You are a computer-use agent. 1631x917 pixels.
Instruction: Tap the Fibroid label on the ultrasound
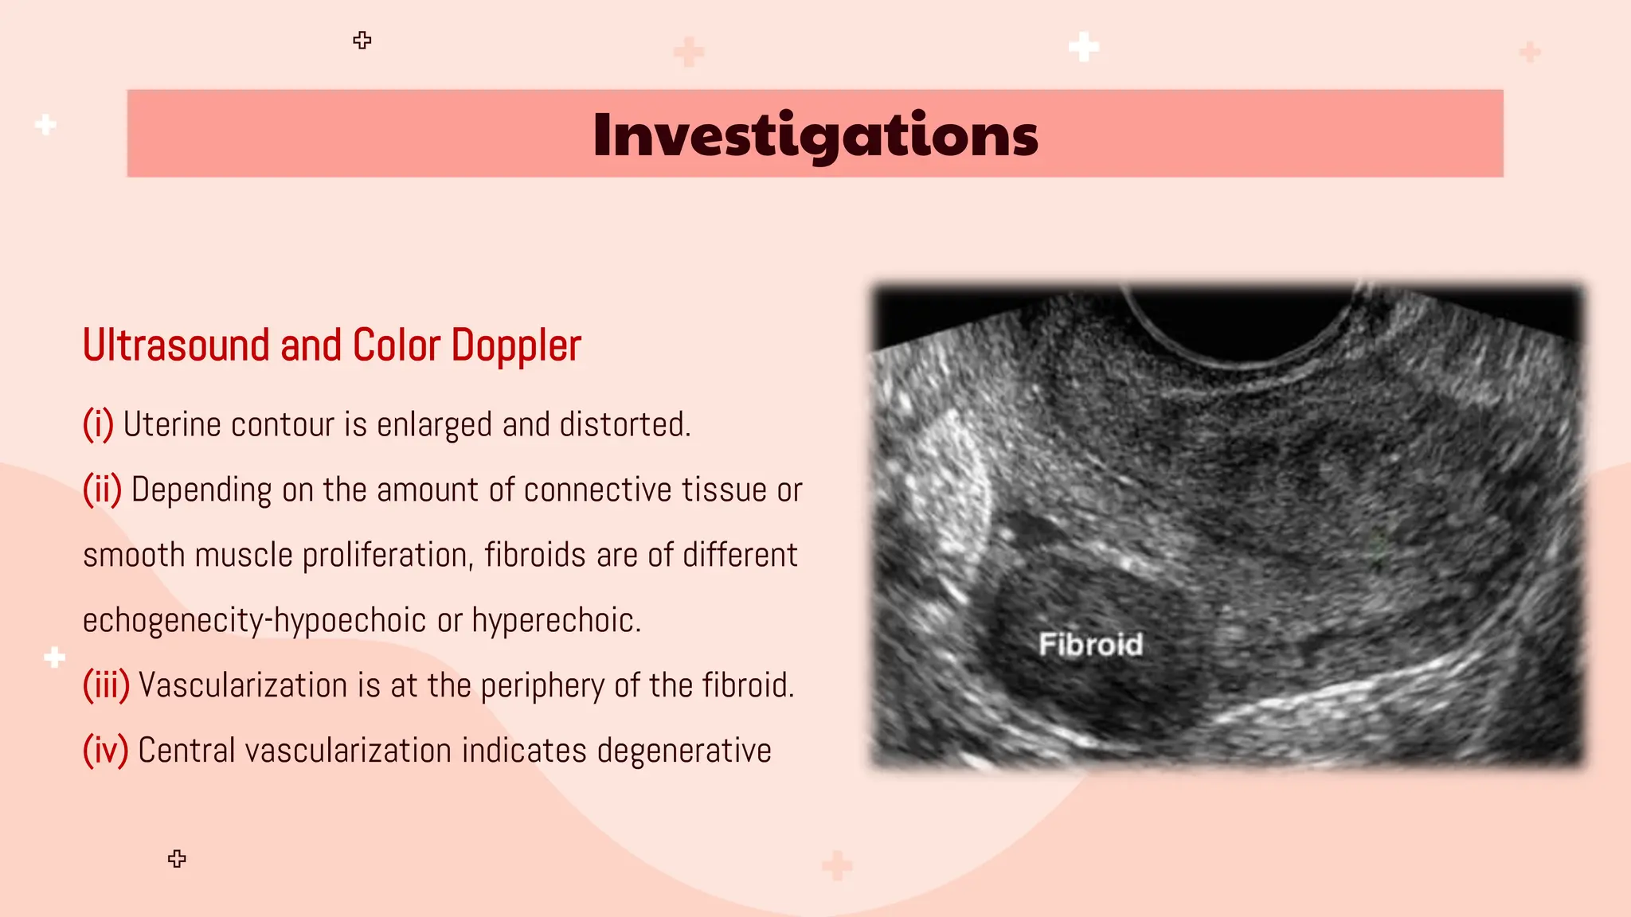(1090, 644)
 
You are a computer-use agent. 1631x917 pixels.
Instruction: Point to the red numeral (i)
(99, 424)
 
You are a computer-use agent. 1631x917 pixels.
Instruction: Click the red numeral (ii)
(103, 490)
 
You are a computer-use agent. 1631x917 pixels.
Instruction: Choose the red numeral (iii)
(106, 685)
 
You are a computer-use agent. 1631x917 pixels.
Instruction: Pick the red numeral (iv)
(105, 751)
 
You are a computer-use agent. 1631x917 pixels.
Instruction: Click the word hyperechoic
(556, 620)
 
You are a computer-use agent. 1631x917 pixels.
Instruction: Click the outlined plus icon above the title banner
(362, 41)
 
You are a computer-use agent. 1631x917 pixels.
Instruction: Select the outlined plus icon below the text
(178, 859)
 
